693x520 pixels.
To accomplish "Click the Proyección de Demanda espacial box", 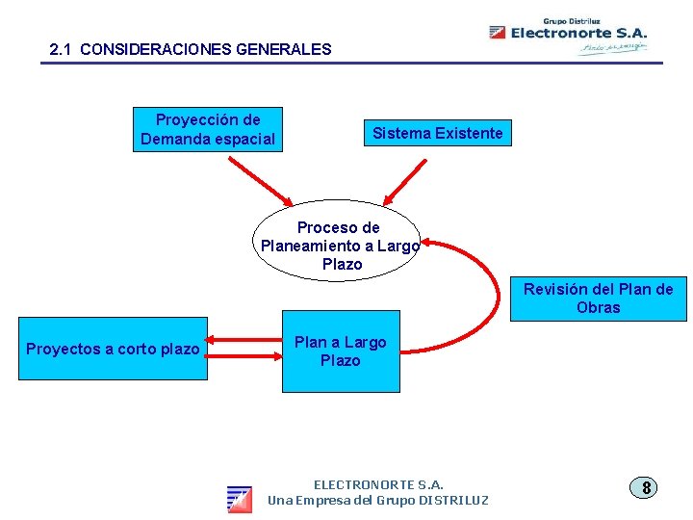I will pyautogui.click(x=208, y=130).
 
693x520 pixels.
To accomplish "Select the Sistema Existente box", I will pyautogui.click(x=437, y=133).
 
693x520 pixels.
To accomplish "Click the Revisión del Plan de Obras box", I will pyautogui.click(x=598, y=299).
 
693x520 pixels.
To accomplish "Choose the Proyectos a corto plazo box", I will pyautogui.click(x=113, y=350).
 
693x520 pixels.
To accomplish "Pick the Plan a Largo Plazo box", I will pyautogui.click(x=340, y=351).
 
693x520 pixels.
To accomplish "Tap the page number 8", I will pyautogui.click(x=646, y=487).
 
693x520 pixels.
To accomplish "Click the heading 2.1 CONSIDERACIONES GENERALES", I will pyautogui.click(x=190, y=49).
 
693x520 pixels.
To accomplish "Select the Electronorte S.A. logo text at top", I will pyautogui.click(x=578, y=33).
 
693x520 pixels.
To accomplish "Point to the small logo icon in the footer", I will pyautogui.click(x=240, y=499).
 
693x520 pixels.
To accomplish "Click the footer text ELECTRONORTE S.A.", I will pyautogui.click(x=378, y=484).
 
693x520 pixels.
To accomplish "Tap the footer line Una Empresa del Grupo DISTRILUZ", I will pyautogui.click(x=378, y=501).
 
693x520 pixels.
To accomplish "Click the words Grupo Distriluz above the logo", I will pyautogui.click(x=572, y=19).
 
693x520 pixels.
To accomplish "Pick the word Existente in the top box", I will pyautogui.click(x=469, y=133).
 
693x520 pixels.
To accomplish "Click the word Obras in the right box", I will pyautogui.click(x=598, y=308).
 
